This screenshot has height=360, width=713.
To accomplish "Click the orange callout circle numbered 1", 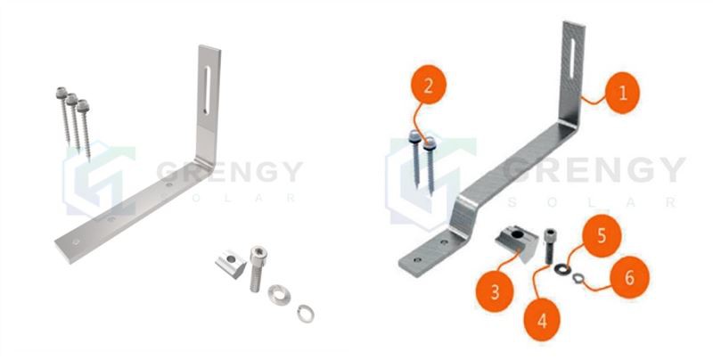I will tap(620, 91).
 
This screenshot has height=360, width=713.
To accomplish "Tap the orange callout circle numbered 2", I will tap(430, 86).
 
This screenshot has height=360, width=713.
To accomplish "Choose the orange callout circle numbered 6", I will tap(629, 277).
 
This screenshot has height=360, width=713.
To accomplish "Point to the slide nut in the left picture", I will tap(228, 265).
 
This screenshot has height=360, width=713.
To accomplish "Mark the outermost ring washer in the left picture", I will tap(305, 312).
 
